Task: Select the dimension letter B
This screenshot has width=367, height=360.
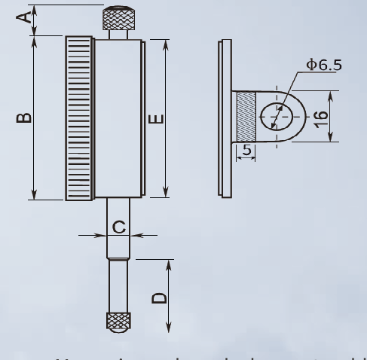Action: (25, 117)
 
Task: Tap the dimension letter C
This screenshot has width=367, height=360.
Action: (118, 227)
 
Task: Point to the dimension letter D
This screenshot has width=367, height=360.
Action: (159, 297)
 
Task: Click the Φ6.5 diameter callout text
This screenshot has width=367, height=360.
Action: (323, 65)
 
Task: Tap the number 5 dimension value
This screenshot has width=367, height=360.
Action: (246, 150)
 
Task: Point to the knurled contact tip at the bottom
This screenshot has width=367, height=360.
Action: (118, 321)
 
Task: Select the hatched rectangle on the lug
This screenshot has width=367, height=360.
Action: (246, 116)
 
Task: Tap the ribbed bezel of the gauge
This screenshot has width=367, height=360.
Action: (78, 117)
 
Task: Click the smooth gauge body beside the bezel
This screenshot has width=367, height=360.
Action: (118, 117)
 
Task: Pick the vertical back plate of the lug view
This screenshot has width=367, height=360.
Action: (223, 116)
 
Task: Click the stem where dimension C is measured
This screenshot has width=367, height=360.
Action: (118, 235)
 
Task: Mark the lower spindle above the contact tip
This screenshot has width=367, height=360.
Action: (118, 286)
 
